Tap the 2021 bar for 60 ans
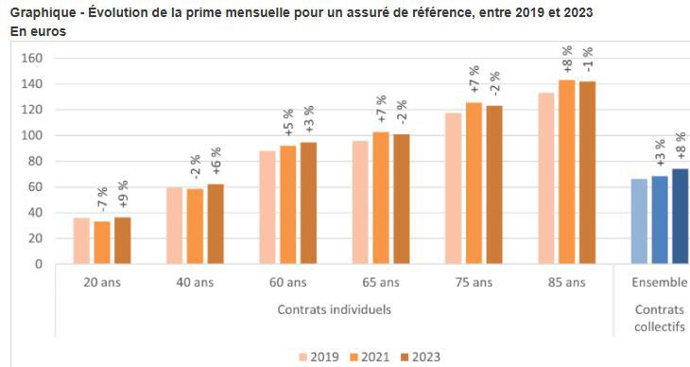287,204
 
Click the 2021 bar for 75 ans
474,183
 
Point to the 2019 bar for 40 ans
175,226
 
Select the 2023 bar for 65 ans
401,200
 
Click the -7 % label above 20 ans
102,201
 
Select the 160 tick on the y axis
34,58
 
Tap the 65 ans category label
380,282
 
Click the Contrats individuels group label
335,309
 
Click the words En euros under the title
39,31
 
